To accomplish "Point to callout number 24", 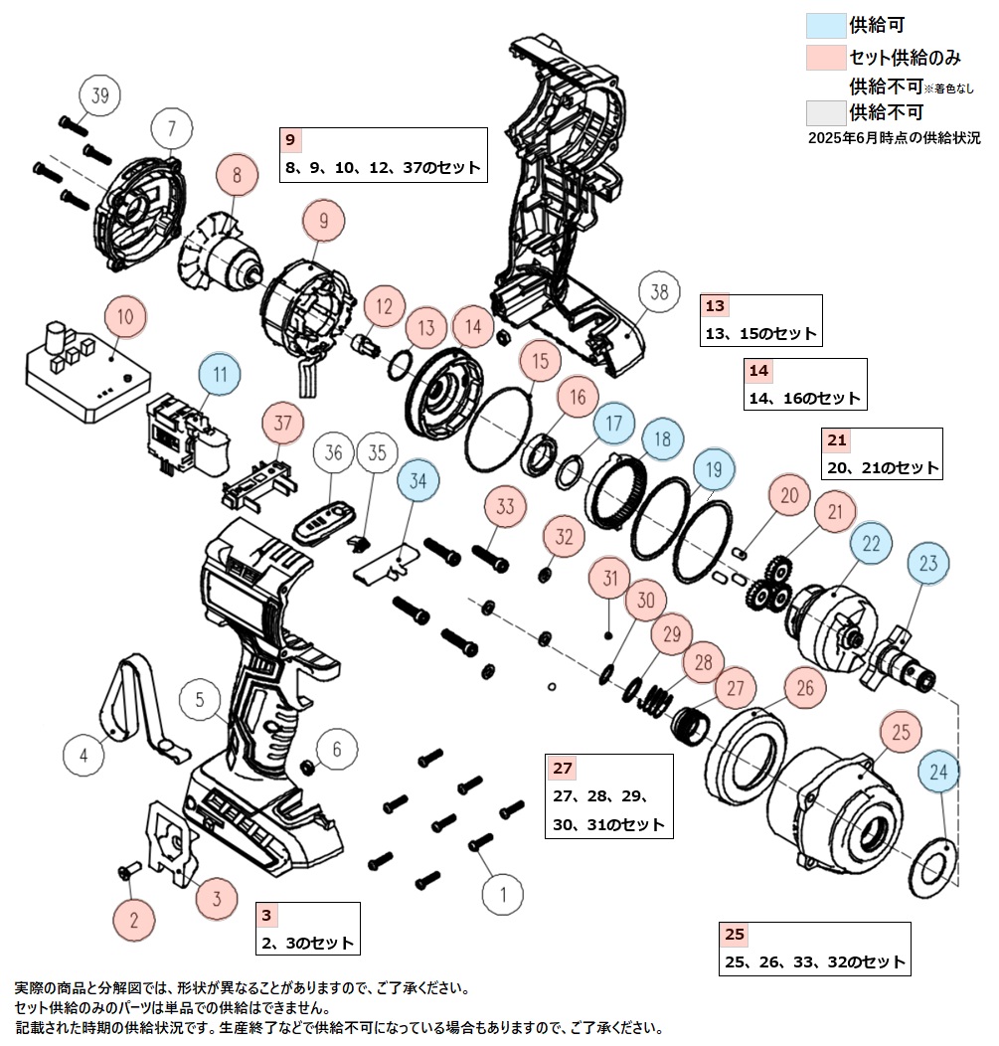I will (x=940, y=770).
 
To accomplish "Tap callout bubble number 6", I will (x=336, y=748).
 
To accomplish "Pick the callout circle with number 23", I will (x=927, y=564).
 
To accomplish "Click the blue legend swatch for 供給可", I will (x=826, y=25).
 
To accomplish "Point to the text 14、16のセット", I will (x=802, y=399).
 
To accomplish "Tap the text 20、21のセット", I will (x=881, y=466).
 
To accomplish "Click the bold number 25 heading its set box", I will (x=735, y=936).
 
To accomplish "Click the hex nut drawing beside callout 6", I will (x=307, y=768).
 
